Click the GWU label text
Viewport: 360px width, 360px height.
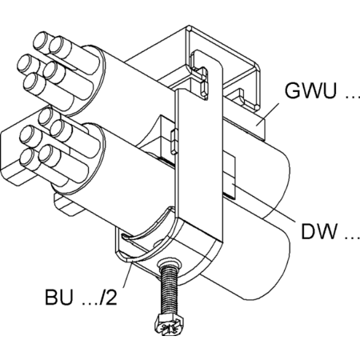click(310, 90)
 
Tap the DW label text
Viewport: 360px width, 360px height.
click(319, 231)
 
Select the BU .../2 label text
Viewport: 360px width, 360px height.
click(81, 297)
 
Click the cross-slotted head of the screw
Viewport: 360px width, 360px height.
click(170, 326)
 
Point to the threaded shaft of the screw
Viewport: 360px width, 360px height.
click(170, 290)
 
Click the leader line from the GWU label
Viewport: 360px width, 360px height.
click(267, 114)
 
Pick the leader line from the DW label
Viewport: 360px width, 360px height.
click(264, 202)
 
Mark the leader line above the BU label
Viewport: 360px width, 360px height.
click(128, 274)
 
